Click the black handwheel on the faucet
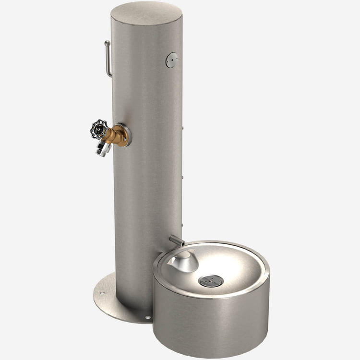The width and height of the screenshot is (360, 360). pyautogui.click(x=98, y=129)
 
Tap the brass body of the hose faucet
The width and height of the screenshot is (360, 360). pyautogui.click(x=114, y=135)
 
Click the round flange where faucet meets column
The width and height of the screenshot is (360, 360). pyautogui.click(x=124, y=134)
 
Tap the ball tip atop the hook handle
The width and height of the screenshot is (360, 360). pyautogui.click(x=107, y=43)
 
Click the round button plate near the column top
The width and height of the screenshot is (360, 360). pyautogui.click(x=171, y=60)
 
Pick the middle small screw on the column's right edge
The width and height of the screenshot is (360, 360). pyautogui.click(x=183, y=177)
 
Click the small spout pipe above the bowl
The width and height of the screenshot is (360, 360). pyautogui.click(x=177, y=240)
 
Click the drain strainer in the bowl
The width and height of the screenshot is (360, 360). pyautogui.click(x=211, y=281)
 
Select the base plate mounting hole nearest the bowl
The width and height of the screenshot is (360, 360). pyautogui.click(x=147, y=317)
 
